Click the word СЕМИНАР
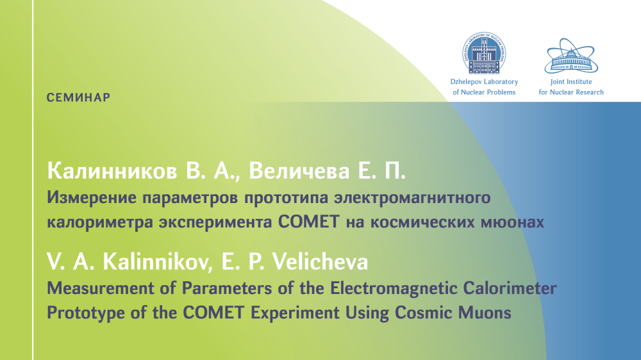[x=78, y=97]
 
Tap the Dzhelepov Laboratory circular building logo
[x=484, y=53]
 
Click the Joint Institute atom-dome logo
[x=571, y=56]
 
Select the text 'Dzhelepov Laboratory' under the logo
[x=484, y=82]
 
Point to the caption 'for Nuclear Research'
[x=571, y=92]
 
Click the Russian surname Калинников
[x=112, y=171]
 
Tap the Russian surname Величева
[x=299, y=171]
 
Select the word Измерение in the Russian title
[x=92, y=198]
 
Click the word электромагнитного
[x=412, y=198]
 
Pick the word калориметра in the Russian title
[x=100, y=222]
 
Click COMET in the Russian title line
[x=309, y=222]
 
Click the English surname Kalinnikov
[x=157, y=261]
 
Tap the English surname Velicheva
[x=320, y=261]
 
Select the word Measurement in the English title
[x=100, y=288]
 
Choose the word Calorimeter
[x=510, y=288]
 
